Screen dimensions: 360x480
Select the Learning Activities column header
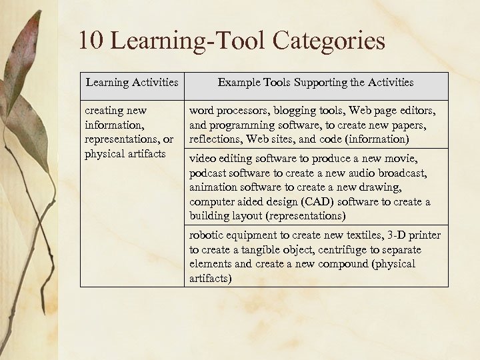132,83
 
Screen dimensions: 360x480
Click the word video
203,159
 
